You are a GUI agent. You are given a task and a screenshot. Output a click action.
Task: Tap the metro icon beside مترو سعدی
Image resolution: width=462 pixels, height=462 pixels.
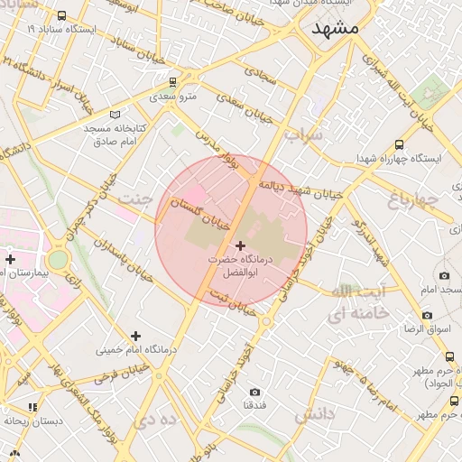(x=161, y=81)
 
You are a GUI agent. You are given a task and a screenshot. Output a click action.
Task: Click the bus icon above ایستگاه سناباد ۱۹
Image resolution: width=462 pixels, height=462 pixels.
(x=61, y=16)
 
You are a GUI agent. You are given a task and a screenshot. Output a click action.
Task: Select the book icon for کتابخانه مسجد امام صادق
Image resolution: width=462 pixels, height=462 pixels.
(x=114, y=115)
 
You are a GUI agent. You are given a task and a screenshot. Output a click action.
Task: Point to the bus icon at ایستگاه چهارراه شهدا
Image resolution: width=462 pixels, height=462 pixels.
(x=400, y=144)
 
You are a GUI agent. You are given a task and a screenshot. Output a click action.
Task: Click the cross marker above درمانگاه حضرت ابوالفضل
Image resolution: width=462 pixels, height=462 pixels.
(x=240, y=245)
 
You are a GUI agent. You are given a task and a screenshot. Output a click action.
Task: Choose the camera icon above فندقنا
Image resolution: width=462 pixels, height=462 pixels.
(x=255, y=393)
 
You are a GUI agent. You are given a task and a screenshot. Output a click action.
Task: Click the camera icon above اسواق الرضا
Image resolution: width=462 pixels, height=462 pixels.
(x=428, y=316)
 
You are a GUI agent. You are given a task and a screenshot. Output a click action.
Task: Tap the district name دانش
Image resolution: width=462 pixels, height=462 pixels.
(x=314, y=414)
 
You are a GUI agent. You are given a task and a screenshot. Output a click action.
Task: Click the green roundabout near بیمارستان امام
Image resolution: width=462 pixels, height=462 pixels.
(x=58, y=260)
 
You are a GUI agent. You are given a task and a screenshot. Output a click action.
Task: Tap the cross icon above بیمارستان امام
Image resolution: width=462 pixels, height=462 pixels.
(x=10, y=260)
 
